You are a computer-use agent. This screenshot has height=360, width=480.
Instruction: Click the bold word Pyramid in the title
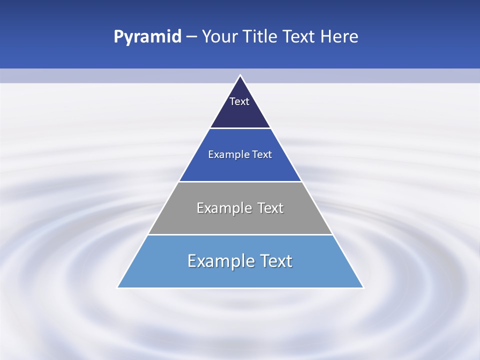(147, 37)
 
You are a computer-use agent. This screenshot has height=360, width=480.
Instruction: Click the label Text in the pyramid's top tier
(239, 101)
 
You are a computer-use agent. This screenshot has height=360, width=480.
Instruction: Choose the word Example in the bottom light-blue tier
(218, 261)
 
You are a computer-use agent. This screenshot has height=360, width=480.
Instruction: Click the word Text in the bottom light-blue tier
(276, 261)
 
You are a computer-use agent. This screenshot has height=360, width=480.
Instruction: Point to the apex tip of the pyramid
(240, 76)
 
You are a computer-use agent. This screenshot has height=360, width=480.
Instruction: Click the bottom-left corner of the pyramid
(118, 287)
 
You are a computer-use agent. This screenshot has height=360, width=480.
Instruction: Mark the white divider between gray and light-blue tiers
(240, 234)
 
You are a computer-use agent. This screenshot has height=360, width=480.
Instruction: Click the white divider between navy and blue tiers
(240, 128)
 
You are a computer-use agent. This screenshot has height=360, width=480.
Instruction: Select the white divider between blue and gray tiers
(240, 181)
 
